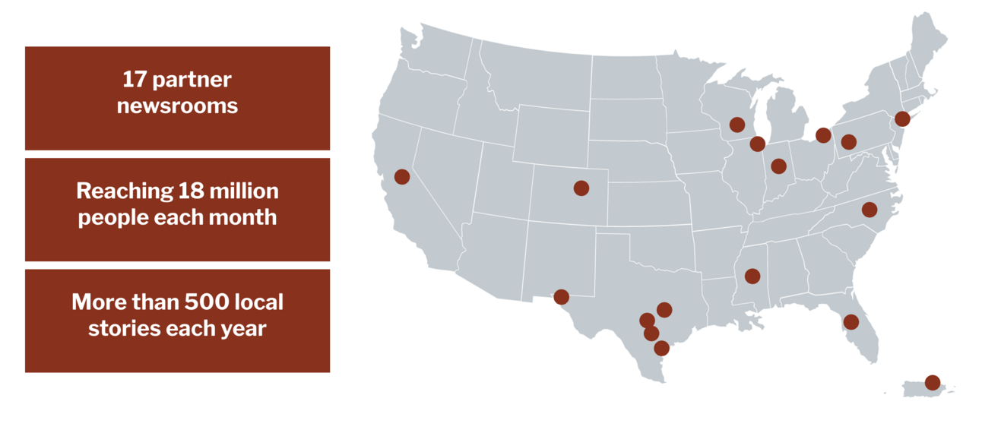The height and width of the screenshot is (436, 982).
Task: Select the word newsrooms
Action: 177,106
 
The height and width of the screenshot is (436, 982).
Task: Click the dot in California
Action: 402,176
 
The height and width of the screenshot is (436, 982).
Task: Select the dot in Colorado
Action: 581,188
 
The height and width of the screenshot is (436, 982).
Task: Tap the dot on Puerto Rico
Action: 932,382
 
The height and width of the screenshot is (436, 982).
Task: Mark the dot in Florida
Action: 851,322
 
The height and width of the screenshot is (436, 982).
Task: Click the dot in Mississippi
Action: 752,276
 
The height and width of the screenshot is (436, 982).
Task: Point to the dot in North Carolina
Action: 870,209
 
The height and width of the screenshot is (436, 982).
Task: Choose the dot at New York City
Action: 902,118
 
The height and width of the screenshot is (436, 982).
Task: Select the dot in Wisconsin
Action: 736,124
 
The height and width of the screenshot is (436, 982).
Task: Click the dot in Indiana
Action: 778,166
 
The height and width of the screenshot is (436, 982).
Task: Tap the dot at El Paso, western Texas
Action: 561,296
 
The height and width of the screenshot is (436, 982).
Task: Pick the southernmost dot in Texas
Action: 661,348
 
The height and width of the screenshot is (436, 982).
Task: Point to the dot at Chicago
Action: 757,144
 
